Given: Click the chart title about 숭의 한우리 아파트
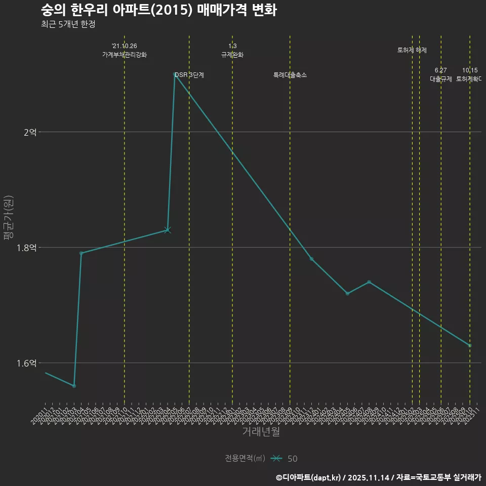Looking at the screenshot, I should (158, 10).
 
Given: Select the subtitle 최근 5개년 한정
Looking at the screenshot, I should (68, 24).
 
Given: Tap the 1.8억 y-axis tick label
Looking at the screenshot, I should (26, 248).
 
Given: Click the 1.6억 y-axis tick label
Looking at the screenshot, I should (26, 363).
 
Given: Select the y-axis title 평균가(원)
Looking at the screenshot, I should (9, 219).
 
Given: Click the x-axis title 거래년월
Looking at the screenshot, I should (261, 432).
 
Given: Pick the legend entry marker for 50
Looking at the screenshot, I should (276, 459).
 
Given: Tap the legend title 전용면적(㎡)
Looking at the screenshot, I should (245, 459).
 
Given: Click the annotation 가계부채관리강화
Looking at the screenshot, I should (125, 55).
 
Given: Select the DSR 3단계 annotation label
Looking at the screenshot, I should (189, 75).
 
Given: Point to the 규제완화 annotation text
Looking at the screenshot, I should (232, 55).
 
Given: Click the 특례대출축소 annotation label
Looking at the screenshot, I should (290, 75).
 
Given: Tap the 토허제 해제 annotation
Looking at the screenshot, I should (412, 50).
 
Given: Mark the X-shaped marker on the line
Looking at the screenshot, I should (168, 230).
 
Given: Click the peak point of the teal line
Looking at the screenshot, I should (175, 74).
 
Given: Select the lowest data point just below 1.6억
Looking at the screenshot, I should (74, 386).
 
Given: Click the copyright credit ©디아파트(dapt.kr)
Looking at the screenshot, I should (309, 477).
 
